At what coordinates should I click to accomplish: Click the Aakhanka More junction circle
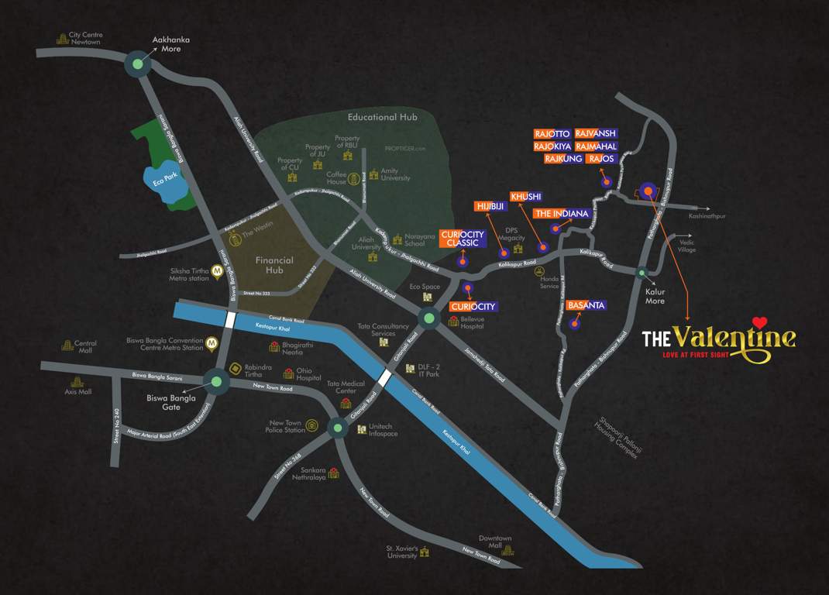coord(138,65)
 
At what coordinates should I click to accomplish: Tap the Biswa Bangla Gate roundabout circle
coord(216,380)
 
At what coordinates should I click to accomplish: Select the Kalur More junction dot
coord(642,273)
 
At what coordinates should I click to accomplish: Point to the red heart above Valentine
coord(759,322)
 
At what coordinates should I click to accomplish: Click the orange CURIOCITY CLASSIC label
coord(463,239)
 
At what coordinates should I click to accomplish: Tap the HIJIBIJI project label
coord(490,206)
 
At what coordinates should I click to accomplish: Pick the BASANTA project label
coord(586,305)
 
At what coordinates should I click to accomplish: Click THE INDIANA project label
coord(562,213)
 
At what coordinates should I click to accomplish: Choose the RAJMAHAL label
coord(597,146)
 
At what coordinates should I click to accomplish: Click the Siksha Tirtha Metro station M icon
coord(218,271)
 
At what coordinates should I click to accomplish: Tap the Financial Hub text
coord(274,265)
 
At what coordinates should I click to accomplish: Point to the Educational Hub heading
coord(382,117)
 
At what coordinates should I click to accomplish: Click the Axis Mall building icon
coord(77,381)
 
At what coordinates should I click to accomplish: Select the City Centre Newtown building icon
coord(62,38)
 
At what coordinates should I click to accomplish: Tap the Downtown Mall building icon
coord(507,550)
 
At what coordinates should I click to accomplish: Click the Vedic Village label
coord(686,245)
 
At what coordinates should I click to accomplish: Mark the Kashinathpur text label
coord(707,217)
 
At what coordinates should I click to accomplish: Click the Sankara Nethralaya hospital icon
coord(333,473)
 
